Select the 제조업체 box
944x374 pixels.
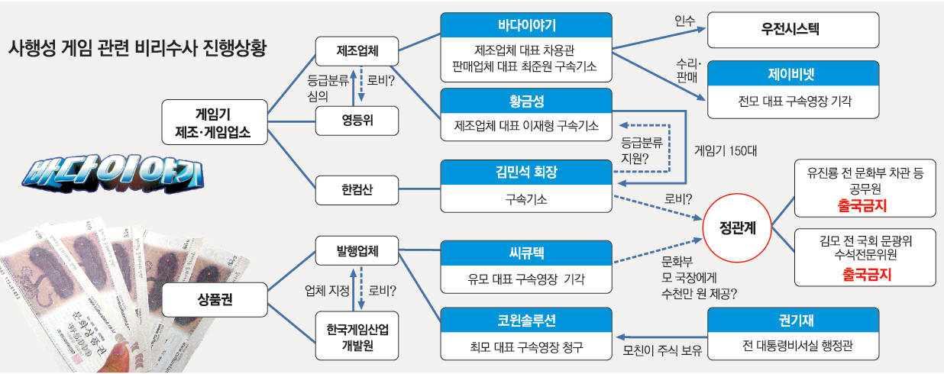tap(357, 52)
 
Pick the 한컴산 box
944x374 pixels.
tap(357, 188)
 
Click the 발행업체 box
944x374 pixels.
tap(357, 250)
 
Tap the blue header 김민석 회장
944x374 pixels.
tap(527, 172)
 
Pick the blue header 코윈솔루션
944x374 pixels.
tap(527, 321)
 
